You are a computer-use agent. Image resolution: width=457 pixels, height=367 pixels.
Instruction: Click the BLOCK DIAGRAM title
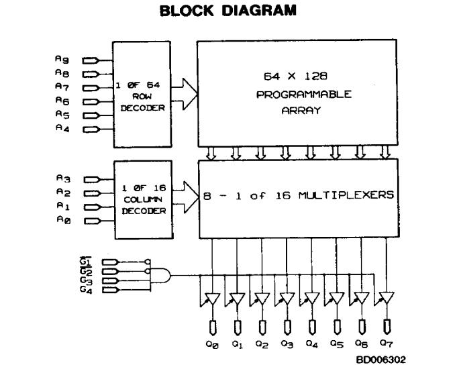coord(228,11)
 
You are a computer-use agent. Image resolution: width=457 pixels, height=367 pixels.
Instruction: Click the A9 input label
coord(60,58)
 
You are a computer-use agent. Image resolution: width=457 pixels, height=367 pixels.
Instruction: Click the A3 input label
coord(60,178)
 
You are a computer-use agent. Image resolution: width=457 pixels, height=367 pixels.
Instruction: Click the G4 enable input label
coord(86,289)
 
